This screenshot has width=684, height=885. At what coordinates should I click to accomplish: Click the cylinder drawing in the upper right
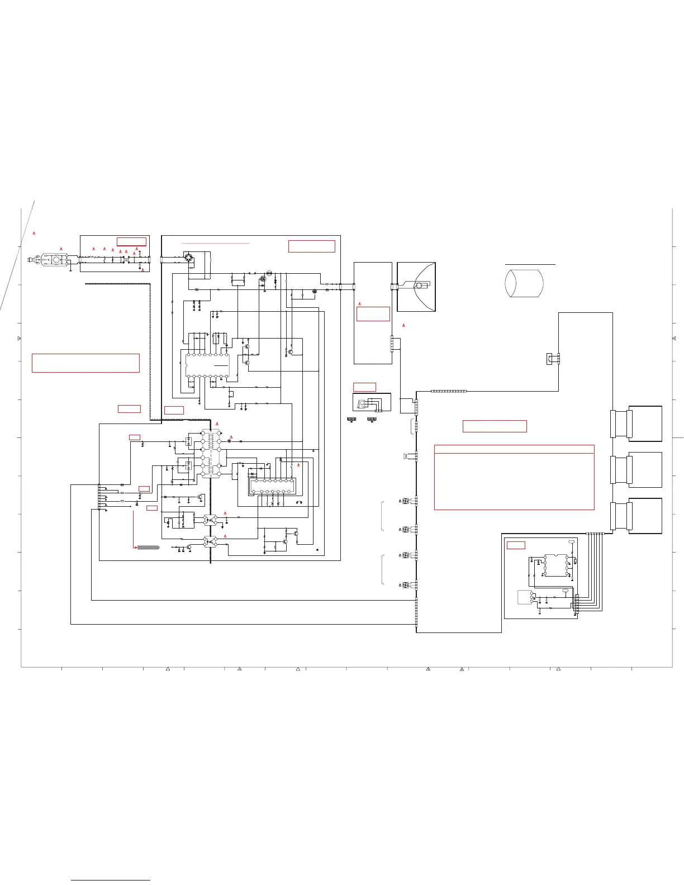[524, 283]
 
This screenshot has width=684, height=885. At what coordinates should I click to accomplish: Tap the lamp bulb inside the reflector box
[417, 286]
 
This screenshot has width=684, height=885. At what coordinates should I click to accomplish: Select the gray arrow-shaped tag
[149, 547]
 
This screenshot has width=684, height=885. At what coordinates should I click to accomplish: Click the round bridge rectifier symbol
[189, 258]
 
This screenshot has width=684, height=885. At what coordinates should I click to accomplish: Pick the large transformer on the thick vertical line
[211, 454]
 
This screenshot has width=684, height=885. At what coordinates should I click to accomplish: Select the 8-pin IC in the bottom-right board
[555, 565]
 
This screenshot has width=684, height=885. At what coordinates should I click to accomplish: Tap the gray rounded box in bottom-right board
[524, 597]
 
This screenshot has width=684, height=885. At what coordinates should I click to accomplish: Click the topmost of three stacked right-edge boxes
[645, 424]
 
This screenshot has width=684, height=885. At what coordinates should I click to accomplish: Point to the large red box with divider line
[514, 477]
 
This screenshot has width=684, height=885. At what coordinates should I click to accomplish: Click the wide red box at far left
[85, 363]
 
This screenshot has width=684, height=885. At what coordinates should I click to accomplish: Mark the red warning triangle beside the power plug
[61, 249]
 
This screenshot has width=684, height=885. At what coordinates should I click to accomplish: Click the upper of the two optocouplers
[210, 520]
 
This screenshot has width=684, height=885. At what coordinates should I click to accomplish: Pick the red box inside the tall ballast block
[373, 314]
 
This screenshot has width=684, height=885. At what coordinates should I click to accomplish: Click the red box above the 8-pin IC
[516, 545]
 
